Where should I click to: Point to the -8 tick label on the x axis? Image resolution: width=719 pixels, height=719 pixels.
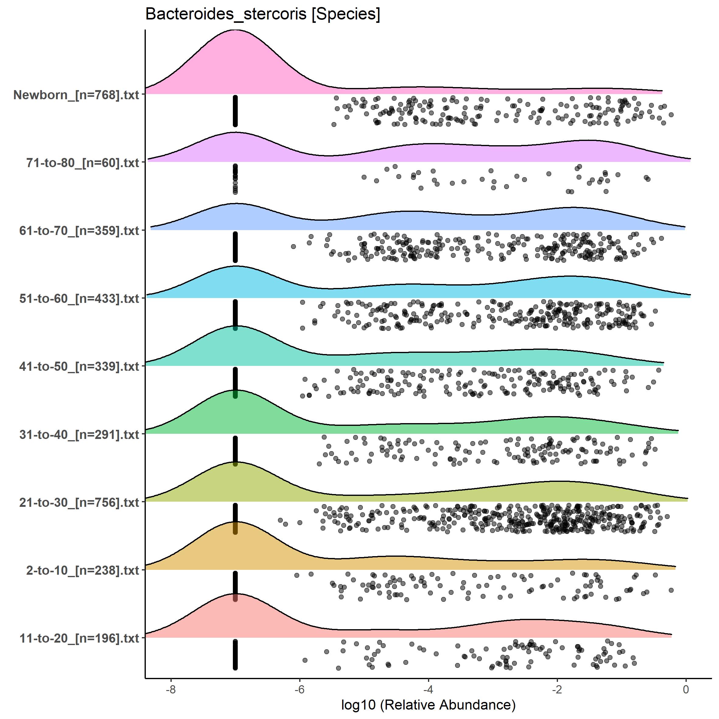[x=171, y=689]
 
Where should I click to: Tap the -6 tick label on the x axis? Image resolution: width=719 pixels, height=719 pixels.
[x=300, y=689]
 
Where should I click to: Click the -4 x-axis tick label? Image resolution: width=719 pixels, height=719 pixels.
[x=428, y=689]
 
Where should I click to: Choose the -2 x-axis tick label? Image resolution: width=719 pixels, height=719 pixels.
[x=557, y=689]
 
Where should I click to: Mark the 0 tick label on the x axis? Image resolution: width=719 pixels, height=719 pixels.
[x=686, y=689]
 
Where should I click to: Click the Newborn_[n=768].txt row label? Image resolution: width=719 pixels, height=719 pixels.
[x=76, y=95]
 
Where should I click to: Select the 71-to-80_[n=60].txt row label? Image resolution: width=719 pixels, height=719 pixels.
[x=82, y=163]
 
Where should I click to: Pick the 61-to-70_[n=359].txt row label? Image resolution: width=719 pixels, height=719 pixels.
[x=79, y=231]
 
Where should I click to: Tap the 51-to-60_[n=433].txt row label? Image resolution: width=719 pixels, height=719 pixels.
[x=79, y=298]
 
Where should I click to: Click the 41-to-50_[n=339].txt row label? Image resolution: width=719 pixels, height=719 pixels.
[x=79, y=367]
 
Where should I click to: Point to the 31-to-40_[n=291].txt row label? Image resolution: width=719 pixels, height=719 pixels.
[x=79, y=434]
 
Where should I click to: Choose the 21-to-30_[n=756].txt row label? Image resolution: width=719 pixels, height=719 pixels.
[x=79, y=502]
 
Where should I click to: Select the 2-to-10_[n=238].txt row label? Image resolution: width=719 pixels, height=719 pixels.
[x=82, y=570]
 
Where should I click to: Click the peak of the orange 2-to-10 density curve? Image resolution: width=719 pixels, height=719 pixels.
[x=235, y=522]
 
